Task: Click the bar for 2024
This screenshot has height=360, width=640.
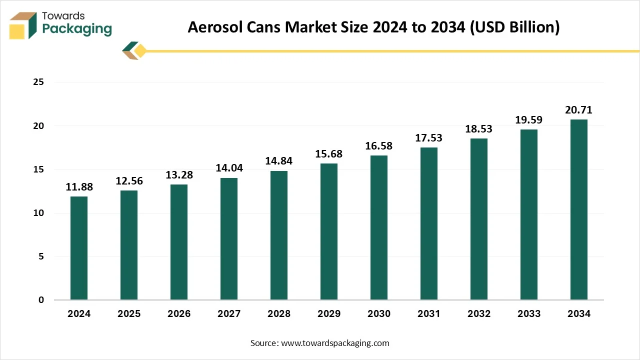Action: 79,248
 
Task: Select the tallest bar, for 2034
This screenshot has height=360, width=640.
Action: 579,209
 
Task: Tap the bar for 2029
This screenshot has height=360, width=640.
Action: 329,231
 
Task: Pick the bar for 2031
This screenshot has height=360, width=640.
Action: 429,223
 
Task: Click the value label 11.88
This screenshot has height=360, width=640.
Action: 79,187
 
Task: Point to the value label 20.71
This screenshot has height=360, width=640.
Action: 579,110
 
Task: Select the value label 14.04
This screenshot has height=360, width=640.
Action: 229,168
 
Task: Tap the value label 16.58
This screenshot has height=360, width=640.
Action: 379,146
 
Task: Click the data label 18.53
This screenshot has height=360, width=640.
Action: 479,129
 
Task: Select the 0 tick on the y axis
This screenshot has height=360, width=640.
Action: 41,300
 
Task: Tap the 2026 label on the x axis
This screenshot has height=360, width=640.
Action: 179,314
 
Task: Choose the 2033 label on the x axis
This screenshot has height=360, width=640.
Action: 529,314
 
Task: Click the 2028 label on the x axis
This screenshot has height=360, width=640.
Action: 279,314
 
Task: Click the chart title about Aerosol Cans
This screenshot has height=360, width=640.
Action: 373,27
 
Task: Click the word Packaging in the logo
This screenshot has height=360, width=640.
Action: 77,29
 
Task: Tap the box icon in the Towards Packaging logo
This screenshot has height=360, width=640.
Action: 23,25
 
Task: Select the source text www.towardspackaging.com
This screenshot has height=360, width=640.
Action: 335,343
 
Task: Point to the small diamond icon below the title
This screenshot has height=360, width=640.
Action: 134,51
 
